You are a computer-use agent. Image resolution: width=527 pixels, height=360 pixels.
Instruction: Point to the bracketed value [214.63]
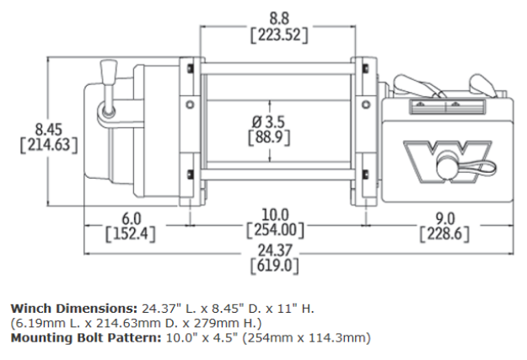pos(49,145)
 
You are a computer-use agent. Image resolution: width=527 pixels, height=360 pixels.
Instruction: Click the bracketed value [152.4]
pos(131,233)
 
